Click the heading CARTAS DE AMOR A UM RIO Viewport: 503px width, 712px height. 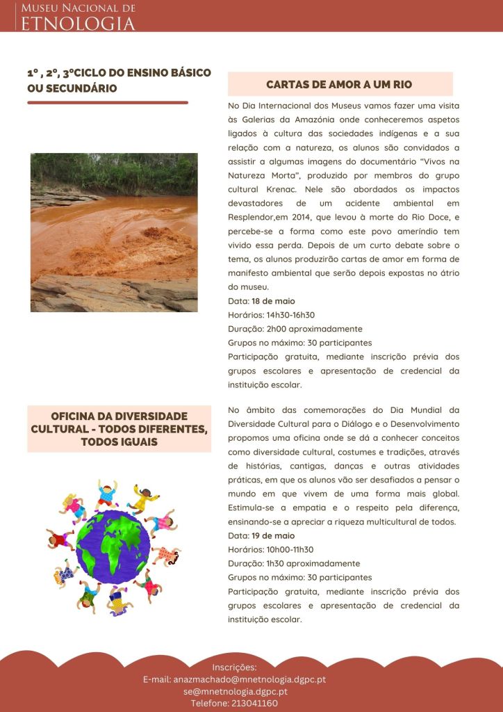(x=340, y=84)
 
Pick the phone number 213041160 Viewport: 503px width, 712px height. (x=251, y=703)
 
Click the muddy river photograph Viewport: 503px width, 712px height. (x=114, y=232)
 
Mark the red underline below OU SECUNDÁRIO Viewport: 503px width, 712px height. (x=108, y=102)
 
